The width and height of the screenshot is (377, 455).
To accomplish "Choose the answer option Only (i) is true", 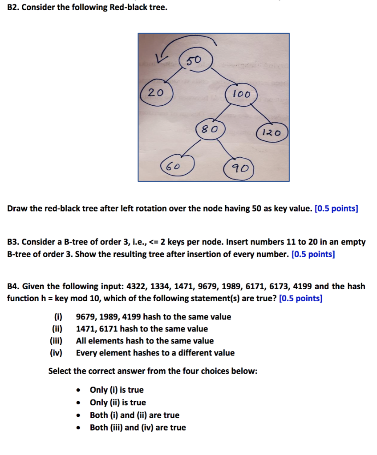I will (117, 390).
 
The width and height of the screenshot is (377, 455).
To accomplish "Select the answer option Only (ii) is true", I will (118, 403).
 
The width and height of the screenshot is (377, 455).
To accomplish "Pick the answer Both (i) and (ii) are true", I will (134, 415).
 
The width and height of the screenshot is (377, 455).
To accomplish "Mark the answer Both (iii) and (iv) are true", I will (138, 427).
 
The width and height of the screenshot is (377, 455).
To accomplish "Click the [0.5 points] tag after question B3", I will (313, 254).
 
